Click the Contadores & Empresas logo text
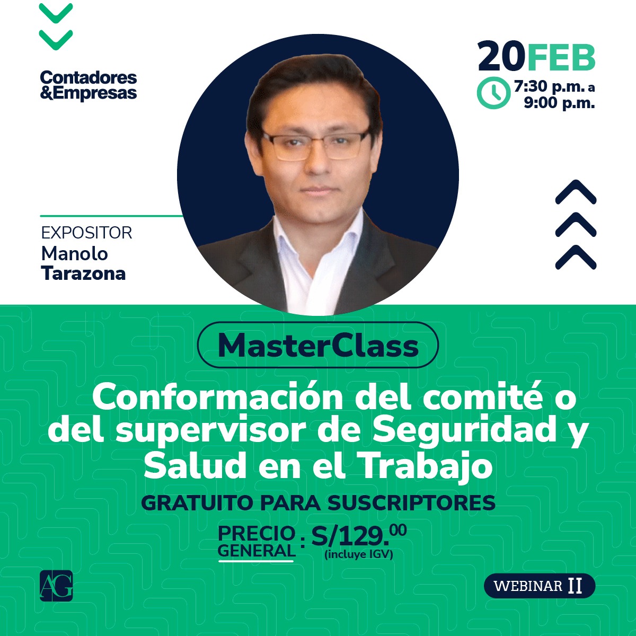click(x=89, y=85)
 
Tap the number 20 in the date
click(x=501, y=57)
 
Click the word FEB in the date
click(x=561, y=57)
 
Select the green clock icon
click(x=493, y=93)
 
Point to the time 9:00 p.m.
click(x=559, y=103)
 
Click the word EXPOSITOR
click(x=86, y=233)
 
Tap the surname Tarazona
click(x=83, y=273)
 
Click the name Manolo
click(x=74, y=254)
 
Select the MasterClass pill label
click(x=318, y=345)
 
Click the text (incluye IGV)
click(x=359, y=555)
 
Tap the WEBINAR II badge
click(x=539, y=586)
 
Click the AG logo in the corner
click(x=56, y=586)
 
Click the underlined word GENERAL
click(x=256, y=551)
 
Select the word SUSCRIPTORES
click(x=411, y=503)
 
